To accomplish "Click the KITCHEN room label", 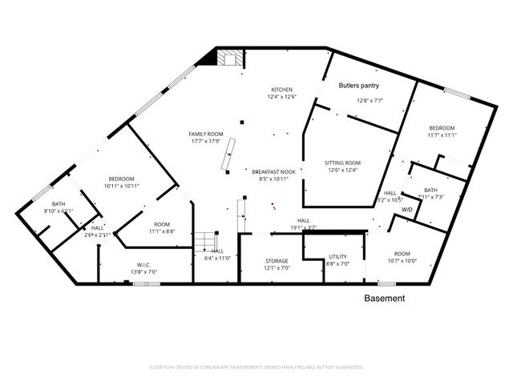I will [281, 89].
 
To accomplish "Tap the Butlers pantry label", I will [358, 85].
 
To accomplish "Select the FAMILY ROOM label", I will [205, 134].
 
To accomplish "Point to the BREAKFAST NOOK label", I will [274, 172].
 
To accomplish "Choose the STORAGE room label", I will [277, 261].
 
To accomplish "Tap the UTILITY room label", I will [337, 257].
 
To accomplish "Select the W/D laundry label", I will [406, 210].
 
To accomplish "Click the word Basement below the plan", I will [385, 299].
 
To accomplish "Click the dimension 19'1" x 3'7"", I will [304, 228].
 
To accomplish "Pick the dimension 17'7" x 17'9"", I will [206, 142].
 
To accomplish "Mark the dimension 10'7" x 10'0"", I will [402, 260].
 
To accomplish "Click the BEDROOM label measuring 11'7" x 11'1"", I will [442, 128].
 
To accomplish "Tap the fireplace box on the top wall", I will [231, 58].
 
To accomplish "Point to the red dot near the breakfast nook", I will [273, 204].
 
